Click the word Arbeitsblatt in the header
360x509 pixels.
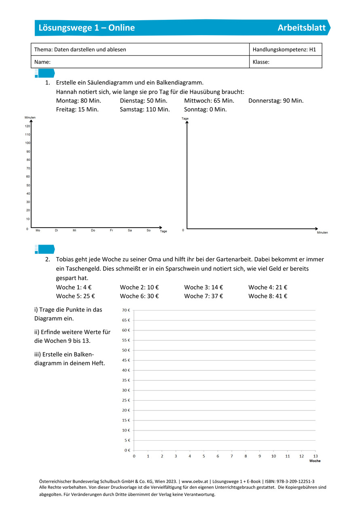coord(301,28)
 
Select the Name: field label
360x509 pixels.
coord(42,62)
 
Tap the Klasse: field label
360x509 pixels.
coord(261,62)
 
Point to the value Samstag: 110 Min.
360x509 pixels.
coord(145,109)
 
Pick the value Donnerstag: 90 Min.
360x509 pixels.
coord(276,101)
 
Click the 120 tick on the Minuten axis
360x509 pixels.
coord(28,126)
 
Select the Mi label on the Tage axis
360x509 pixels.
coord(74,230)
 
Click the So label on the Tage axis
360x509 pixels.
coord(148,230)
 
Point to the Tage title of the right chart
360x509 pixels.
coord(185,118)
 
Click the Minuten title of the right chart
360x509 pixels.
coord(322,232)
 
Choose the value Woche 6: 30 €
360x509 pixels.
coord(139,296)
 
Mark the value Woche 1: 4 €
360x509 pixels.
coord(74,287)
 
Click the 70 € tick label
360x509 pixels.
coord(126,310)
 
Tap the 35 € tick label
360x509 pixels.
coord(126,380)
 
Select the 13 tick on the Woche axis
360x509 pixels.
coord(316,456)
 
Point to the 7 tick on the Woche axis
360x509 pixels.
coord(232,456)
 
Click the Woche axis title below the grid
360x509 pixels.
coord(315,461)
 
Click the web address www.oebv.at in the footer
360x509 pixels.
coord(195,482)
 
